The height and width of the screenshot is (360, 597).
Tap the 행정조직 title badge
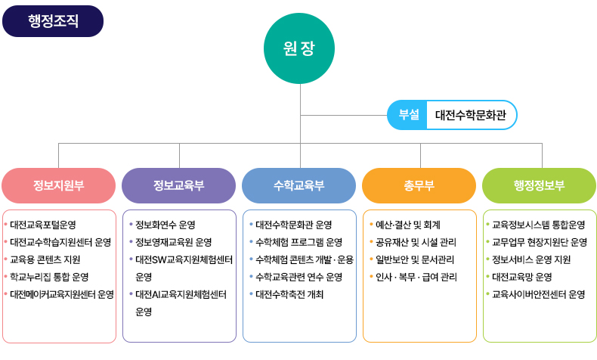tap(52, 21)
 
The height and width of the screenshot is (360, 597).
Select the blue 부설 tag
tap(408, 115)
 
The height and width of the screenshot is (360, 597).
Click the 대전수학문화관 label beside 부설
tap(471, 115)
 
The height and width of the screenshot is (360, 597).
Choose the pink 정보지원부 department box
tap(58, 185)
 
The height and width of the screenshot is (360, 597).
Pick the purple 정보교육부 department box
tap(178, 185)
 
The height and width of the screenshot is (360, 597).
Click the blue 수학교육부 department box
tap(298, 185)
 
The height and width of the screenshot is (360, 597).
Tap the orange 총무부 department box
tap(419, 185)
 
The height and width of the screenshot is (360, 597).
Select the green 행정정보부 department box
tap(539, 185)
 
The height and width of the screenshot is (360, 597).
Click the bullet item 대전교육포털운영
tap(42, 225)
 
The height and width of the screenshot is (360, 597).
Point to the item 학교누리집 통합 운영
tap(49, 277)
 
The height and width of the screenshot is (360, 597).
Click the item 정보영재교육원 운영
tap(173, 242)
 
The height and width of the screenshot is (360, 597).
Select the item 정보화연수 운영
tap(165, 225)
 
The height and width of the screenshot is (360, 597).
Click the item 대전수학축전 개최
tap(289, 294)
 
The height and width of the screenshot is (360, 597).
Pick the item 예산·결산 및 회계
tap(407, 225)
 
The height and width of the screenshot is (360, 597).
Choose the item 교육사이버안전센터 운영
tap(538, 294)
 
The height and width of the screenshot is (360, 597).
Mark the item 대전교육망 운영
tap(521, 277)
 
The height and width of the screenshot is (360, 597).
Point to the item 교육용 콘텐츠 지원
tap(45, 259)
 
